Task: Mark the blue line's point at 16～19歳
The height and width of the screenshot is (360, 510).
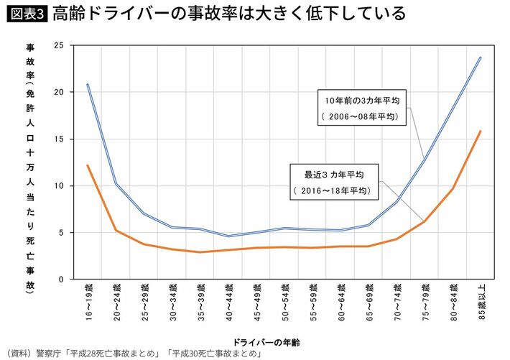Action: coord(88,84)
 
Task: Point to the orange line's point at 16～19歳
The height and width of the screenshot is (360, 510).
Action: coord(88,165)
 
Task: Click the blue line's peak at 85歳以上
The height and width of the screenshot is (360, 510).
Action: coord(480,57)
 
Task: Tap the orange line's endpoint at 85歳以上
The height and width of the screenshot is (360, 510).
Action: coord(480,131)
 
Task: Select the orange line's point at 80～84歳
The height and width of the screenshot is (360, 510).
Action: coord(452,188)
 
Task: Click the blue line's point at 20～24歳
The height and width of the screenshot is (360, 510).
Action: coord(116,183)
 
